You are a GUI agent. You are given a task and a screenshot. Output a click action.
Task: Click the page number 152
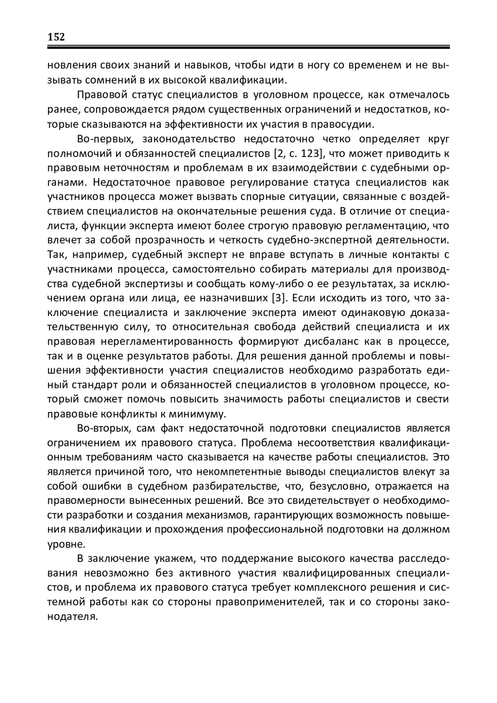pyautogui.click(x=56, y=37)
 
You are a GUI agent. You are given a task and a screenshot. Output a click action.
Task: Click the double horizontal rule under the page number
pyautogui.click(x=248, y=48)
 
